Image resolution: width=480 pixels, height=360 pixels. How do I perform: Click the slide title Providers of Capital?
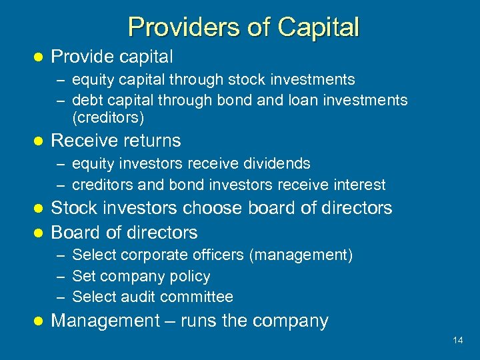pyautogui.click(x=243, y=27)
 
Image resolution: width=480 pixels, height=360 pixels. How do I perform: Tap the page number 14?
pyautogui.click(x=457, y=341)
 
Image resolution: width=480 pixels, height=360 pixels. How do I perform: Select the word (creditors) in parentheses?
pyautogui.click(x=108, y=118)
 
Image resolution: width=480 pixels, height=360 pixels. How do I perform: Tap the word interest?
pyautogui.click(x=360, y=185)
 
